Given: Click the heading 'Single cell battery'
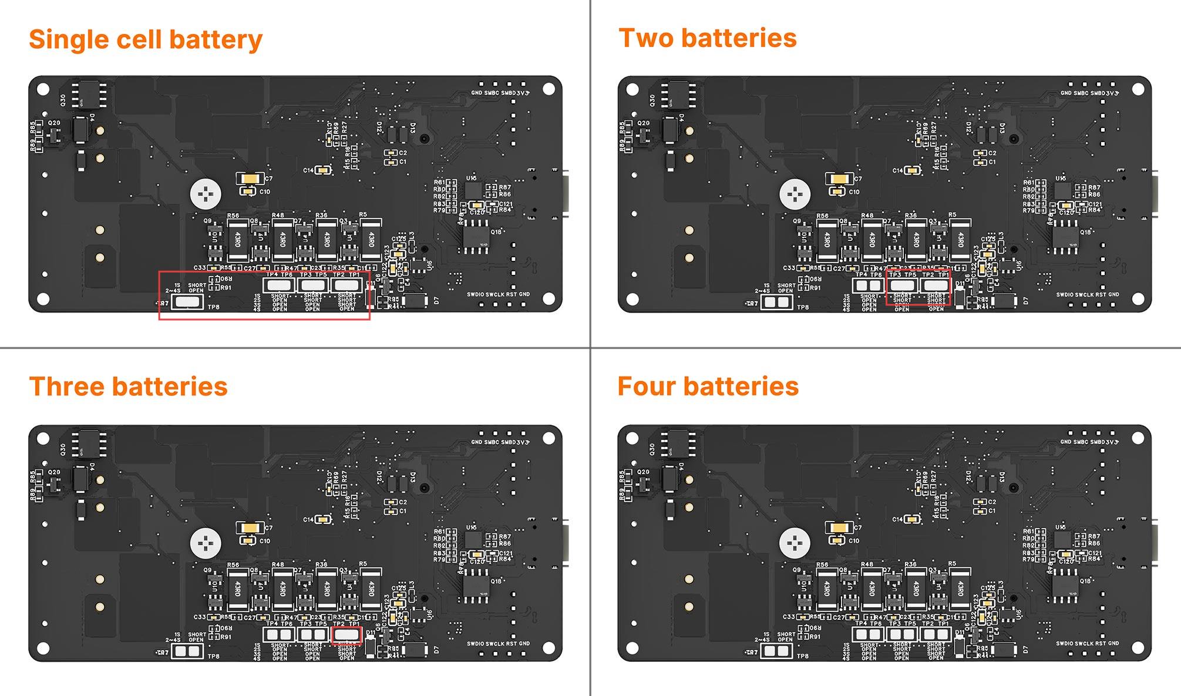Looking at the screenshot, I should (x=146, y=40).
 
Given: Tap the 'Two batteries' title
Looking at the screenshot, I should (x=708, y=38).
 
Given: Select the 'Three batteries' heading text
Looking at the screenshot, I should (x=128, y=386).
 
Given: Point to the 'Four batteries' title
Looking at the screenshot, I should (x=708, y=386).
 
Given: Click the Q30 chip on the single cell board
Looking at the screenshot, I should (x=89, y=95).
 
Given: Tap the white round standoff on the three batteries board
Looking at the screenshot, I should (x=206, y=543).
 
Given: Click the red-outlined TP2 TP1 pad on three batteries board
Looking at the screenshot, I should (x=346, y=634).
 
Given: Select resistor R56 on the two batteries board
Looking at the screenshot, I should (x=827, y=239).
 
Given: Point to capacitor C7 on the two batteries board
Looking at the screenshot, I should (x=839, y=179).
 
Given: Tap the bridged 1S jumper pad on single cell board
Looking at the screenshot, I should (x=187, y=302).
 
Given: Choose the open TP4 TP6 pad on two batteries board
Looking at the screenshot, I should (x=869, y=285).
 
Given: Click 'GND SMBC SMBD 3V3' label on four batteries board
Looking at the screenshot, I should (x=1089, y=442).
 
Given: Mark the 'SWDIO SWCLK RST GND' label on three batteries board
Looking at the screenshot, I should (x=498, y=644).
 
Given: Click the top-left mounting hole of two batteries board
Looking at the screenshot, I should (x=632, y=89).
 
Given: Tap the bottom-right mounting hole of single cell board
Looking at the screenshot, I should (x=549, y=300).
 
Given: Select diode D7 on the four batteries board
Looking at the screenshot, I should (x=1005, y=650).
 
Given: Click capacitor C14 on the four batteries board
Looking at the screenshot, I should (x=911, y=519).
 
